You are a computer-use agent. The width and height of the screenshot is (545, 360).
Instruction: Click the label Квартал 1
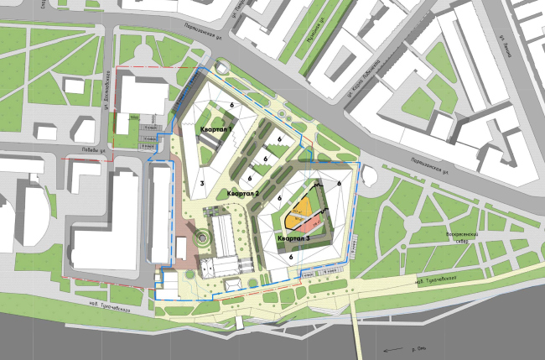(216, 132)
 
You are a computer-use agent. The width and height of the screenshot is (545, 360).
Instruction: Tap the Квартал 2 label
(242, 193)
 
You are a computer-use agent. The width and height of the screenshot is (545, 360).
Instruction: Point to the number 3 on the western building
(202, 183)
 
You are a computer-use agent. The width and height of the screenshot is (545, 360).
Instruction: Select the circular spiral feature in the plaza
(201, 240)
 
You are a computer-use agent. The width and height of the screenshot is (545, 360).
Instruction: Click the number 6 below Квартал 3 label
(289, 257)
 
